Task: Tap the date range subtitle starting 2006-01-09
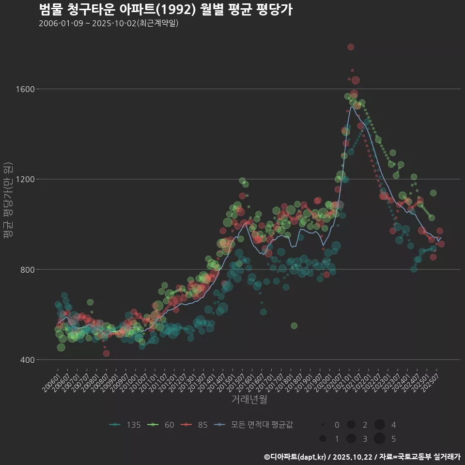coord(108,23)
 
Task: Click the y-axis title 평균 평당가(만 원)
coord(8,201)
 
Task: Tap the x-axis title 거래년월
coord(249,399)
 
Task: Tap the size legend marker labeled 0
coord(323,425)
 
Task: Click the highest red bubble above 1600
coord(351,47)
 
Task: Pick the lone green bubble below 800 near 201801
coord(294,325)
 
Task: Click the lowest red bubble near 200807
coord(106,354)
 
